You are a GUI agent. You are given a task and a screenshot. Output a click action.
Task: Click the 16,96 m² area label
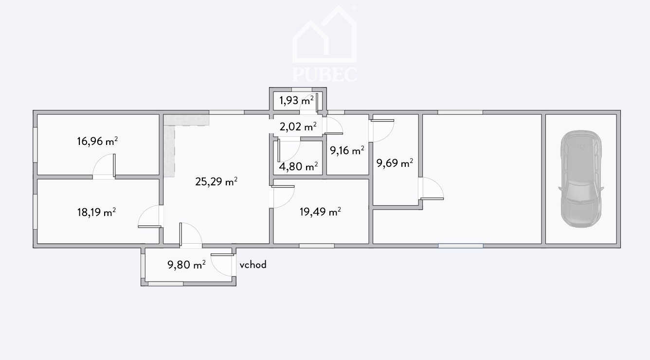(x=97, y=141)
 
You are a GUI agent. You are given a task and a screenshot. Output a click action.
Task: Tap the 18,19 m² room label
(x=96, y=212)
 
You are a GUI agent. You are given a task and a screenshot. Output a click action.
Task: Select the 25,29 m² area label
(x=216, y=181)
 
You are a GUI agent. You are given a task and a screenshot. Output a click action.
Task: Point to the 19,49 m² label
(x=320, y=212)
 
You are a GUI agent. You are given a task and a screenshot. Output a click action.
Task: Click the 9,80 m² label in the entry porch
(x=187, y=265)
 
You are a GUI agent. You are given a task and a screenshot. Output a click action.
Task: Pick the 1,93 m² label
(x=296, y=100)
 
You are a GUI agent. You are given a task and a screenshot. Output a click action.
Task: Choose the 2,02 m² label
(x=298, y=126)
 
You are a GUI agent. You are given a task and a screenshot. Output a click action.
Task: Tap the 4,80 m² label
(x=298, y=166)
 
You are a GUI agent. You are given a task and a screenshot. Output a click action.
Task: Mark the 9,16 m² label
(x=347, y=150)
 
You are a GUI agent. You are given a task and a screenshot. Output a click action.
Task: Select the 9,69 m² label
(x=395, y=163)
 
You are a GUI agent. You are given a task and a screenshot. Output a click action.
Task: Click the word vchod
(x=253, y=265)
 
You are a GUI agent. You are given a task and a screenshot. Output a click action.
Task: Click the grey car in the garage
(x=581, y=179)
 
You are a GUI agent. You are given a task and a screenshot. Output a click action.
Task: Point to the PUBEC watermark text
(x=325, y=74)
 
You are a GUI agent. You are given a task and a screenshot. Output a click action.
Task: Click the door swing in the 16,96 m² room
(x=104, y=165)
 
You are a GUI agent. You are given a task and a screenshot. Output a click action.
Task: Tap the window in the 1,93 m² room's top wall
(x=302, y=90)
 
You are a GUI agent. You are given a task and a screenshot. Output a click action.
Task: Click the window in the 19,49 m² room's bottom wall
(x=317, y=246)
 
